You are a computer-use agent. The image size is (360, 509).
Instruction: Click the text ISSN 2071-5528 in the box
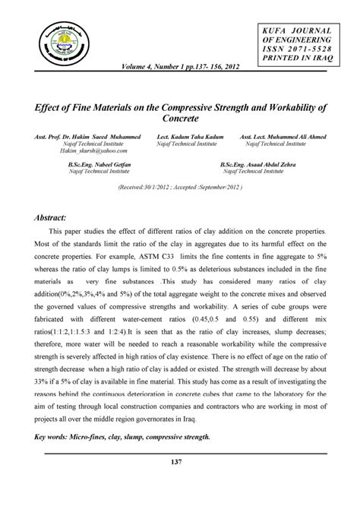click(x=298, y=49)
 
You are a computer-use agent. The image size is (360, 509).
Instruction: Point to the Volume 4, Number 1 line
click(x=182, y=66)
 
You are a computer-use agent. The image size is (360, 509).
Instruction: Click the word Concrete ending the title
click(x=180, y=119)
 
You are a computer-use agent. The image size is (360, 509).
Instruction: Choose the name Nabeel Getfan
click(x=105, y=163)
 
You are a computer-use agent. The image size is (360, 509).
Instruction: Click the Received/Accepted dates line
click(x=179, y=186)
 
